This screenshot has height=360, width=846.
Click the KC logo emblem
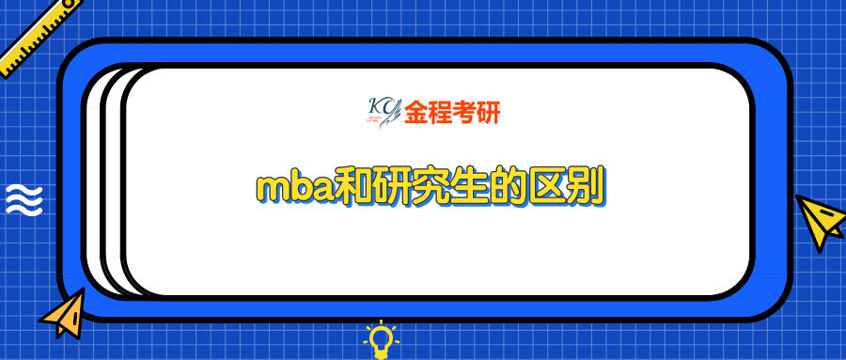(x=383, y=112)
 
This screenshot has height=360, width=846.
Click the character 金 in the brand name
(x=415, y=113)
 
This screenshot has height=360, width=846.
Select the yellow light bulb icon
(x=380, y=340)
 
